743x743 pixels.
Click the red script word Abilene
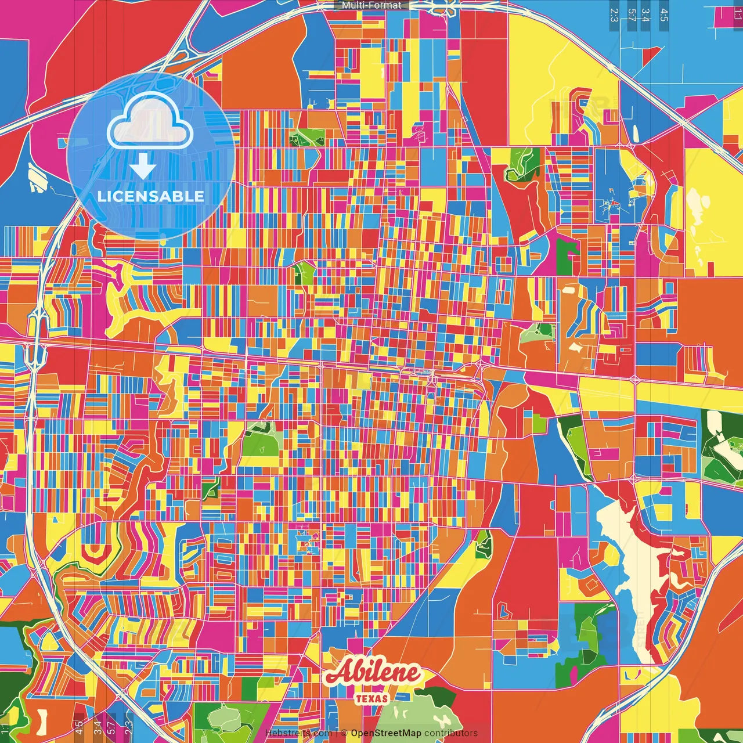(373, 673)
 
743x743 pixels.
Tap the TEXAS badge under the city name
(372, 698)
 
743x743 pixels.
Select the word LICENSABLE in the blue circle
(151, 196)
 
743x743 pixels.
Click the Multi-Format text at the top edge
(371, 5)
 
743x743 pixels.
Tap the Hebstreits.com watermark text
(298, 733)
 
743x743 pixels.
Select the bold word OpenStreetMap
(385, 733)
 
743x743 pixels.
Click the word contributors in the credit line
(451, 733)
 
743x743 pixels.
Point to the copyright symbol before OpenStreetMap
(344, 733)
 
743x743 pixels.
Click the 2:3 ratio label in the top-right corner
(614, 15)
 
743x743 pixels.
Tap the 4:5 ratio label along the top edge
(664, 15)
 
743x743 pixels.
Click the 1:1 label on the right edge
(738, 13)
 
